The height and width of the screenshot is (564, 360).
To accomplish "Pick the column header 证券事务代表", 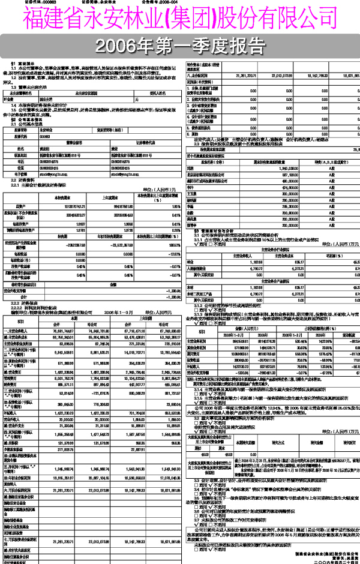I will pos(140,142).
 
